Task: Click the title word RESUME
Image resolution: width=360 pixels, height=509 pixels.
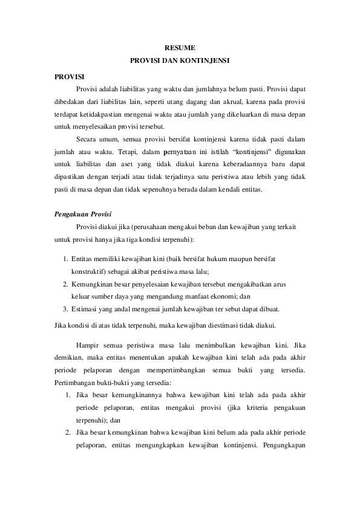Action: coord(180,47)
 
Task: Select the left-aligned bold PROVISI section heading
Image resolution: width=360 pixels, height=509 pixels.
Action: coord(69,77)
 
